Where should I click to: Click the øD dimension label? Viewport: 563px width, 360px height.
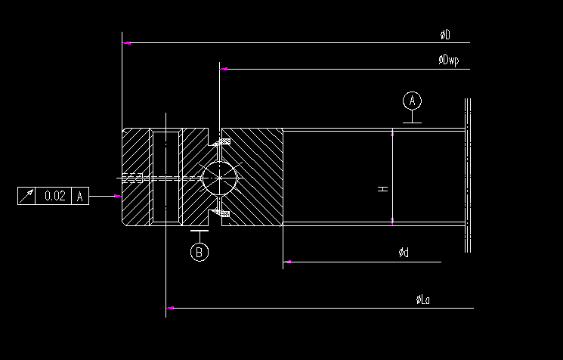coord(445,35)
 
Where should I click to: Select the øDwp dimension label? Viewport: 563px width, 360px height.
coord(449,61)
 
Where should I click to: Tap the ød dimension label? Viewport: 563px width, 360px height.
coord(404,253)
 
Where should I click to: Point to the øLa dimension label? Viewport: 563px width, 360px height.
coord(423,299)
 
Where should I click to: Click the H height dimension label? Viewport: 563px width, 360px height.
coord(383,188)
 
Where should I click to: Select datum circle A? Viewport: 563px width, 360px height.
coord(412,101)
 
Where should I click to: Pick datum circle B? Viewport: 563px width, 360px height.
coord(199,253)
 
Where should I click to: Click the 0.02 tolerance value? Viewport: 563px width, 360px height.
coord(55,196)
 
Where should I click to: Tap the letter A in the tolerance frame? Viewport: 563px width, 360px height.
coord(81,196)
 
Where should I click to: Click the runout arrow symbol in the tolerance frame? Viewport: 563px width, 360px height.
coord(27,196)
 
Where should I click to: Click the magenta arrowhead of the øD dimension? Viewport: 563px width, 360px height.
coord(127,43)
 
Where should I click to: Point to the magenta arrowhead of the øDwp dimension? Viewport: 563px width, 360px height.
coord(224,70)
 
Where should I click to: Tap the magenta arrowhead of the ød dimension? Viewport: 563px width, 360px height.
coord(287,262)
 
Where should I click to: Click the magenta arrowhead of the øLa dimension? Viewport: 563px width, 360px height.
coord(171,309)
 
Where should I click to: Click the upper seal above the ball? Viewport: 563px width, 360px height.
coord(221,141)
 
